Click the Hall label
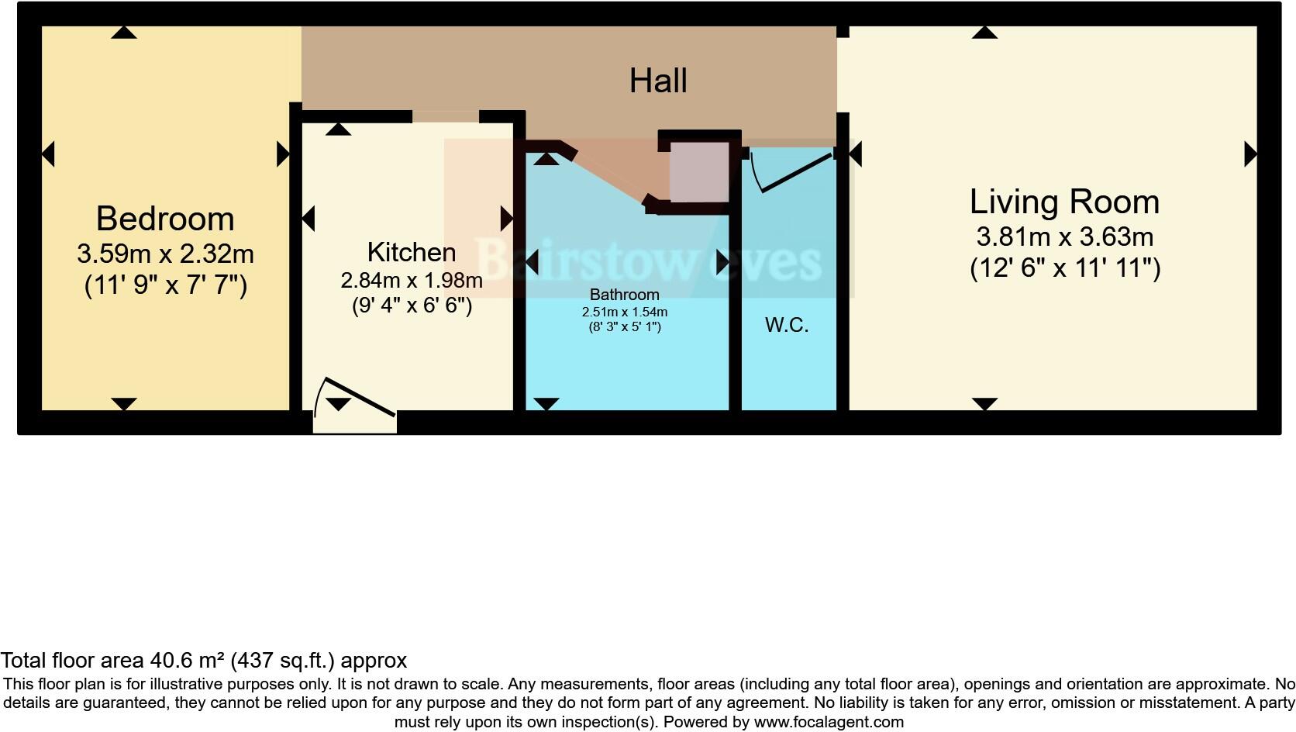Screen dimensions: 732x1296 coord(658,81)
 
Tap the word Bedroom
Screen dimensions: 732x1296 coord(165,219)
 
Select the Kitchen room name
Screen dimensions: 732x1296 coord(411,253)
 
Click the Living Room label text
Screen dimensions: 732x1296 coord(1064,202)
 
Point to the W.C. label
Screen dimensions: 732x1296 coord(787,325)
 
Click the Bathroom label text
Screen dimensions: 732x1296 coord(624,295)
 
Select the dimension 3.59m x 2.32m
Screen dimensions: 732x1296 coord(165,254)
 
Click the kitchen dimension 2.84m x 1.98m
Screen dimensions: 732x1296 coord(411,280)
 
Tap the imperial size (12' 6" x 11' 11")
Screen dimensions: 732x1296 coord(1065,268)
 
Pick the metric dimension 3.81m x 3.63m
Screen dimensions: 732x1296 coord(1064,237)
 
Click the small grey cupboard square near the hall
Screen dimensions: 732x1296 coord(699,171)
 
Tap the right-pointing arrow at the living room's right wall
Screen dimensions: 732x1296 coord(1249,154)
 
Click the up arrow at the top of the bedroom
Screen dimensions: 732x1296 coord(124,33)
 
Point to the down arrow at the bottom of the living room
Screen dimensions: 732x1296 coord(984,403)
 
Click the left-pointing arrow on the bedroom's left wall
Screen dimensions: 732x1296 coord(48,154)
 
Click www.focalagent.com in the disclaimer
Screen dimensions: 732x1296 coord(829,722)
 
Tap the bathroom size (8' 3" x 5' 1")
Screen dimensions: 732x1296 coord(624,326)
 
